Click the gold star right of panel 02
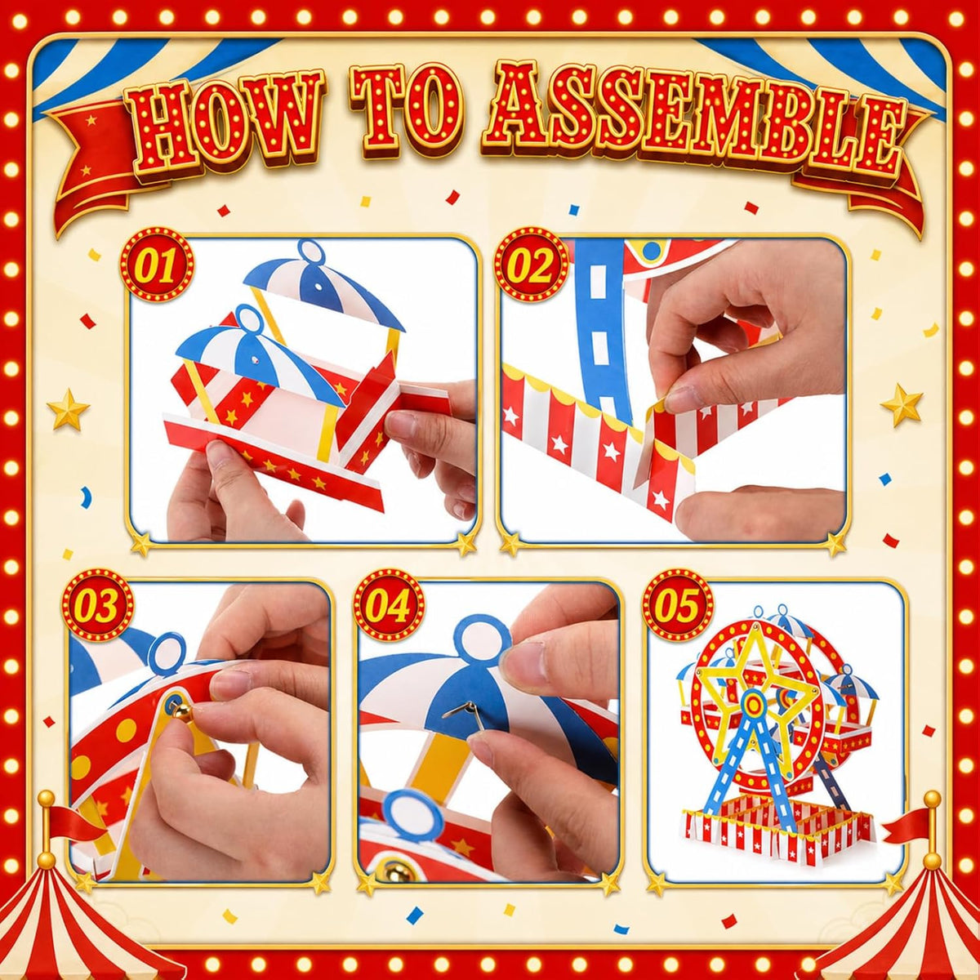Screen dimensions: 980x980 [x=901, y=405]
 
